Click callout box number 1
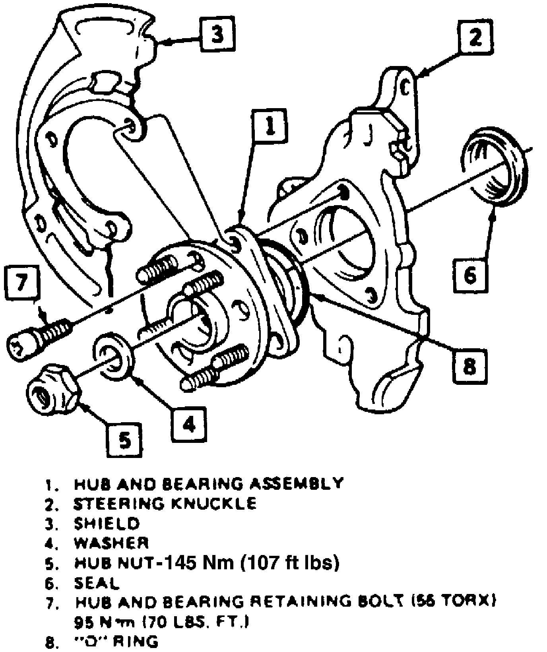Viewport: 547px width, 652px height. [x=270, y=126]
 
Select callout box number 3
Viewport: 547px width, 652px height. [x=217, y=35]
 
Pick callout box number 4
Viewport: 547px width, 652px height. [x=189, y=425]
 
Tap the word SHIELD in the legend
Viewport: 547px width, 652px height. [x=107, y=523]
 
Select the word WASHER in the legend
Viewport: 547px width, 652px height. [x=111, y=543]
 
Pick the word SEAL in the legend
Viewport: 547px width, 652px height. [x=97, y=583]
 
